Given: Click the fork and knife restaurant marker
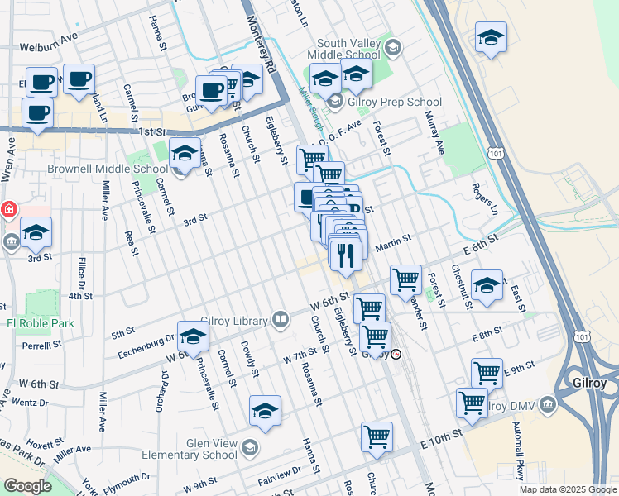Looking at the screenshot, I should point(346,255).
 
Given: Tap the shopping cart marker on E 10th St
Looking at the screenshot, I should point(377,436).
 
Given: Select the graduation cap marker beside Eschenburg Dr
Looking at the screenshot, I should point(193,336).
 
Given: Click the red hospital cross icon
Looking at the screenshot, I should point(7,210).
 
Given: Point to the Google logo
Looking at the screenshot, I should point(27,485).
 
